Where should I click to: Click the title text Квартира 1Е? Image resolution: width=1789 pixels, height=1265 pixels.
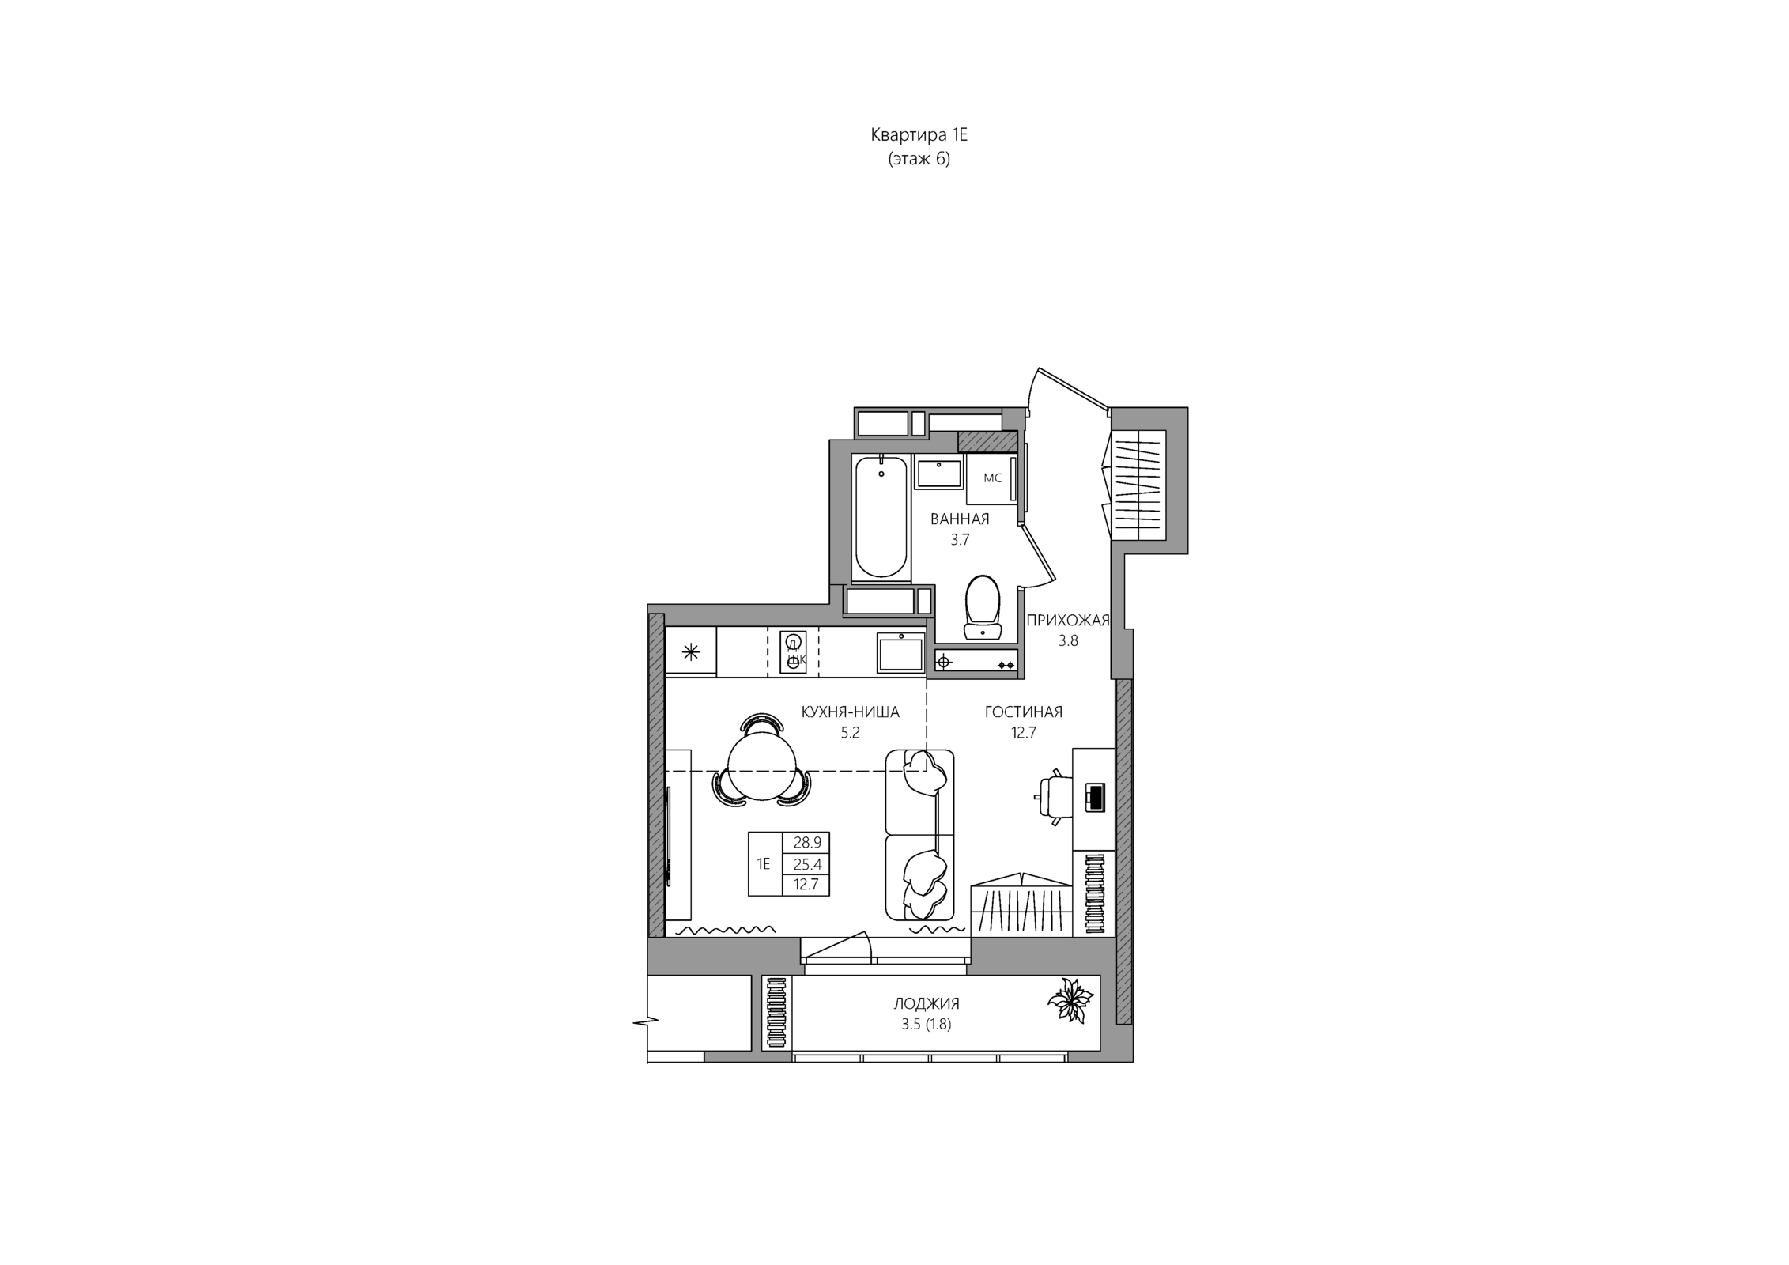point(919,135)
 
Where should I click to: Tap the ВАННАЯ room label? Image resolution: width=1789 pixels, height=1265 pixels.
point(960,519)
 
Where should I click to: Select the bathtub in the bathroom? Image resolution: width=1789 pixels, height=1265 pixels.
point(881,517)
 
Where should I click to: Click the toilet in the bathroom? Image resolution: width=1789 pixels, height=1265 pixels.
point(983,606)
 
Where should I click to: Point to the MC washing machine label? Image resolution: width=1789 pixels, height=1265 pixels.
point(992,478)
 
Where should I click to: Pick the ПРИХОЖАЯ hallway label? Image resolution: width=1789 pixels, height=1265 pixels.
point(1068,621)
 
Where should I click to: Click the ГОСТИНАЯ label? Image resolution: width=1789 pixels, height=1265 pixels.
point(1024,712)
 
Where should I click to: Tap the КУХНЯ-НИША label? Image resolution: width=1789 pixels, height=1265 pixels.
point(851,712)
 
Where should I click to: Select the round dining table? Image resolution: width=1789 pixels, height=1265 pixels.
point(761,766)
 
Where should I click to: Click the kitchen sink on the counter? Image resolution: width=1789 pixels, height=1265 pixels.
point(900,653)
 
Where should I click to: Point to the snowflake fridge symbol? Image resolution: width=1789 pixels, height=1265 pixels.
point(691,652)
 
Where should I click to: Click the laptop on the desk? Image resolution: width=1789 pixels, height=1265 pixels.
point(1095,796)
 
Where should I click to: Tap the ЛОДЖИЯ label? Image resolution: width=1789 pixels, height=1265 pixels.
point(927,1004)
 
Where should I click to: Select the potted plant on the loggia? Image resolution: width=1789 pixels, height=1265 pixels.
point(1070,1001)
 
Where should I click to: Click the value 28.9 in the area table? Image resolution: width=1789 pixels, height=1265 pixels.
point(807,843)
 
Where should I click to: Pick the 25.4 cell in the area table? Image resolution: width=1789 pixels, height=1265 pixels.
point(807,864)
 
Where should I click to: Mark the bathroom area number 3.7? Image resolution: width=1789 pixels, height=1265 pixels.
point(960,540)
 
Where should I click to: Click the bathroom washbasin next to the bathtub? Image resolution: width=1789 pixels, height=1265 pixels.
point(938,472)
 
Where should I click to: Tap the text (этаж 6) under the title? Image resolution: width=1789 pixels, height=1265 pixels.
point(919,159)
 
